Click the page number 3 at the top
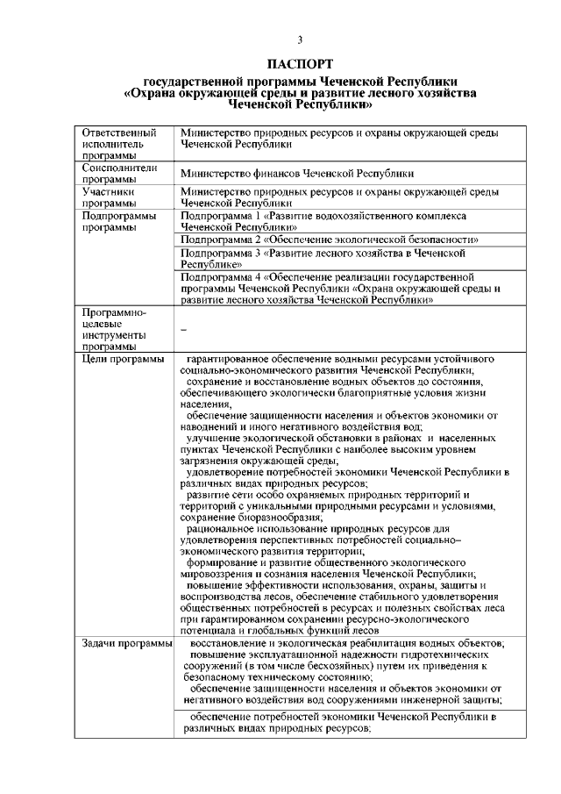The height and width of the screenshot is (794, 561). tap(299, 40)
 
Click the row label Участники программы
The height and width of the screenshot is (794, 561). tap(108, 196)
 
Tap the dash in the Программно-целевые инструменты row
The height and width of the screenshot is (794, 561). tap(182, 330)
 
